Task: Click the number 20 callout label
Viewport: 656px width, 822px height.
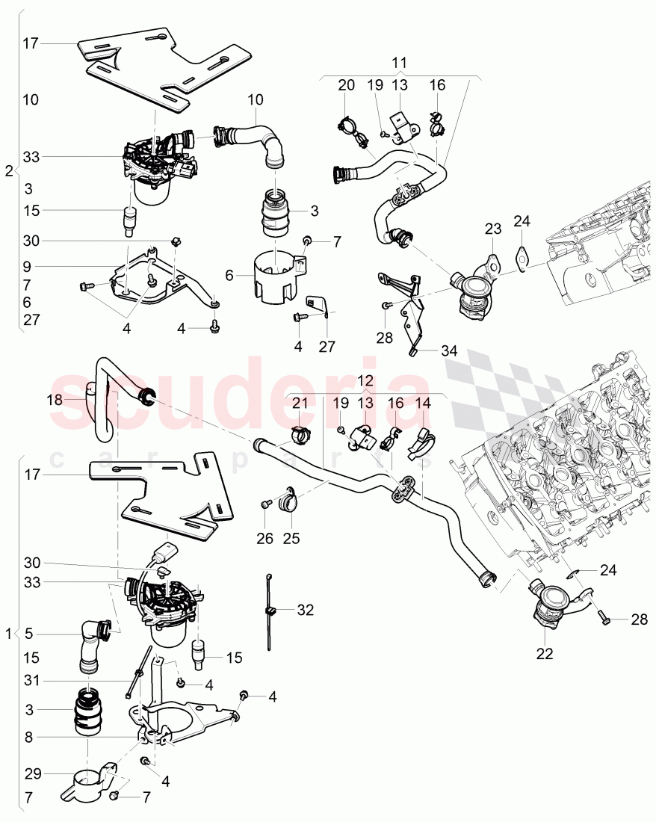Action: [346, 86]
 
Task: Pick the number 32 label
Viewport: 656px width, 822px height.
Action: [305, 610]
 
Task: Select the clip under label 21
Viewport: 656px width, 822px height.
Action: [299, 433]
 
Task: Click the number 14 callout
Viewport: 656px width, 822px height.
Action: [423, 403]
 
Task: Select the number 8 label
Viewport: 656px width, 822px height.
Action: [28, 738]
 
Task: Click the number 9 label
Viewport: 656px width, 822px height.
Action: [28, 265]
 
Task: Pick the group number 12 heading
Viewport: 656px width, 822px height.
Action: [365, 380]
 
